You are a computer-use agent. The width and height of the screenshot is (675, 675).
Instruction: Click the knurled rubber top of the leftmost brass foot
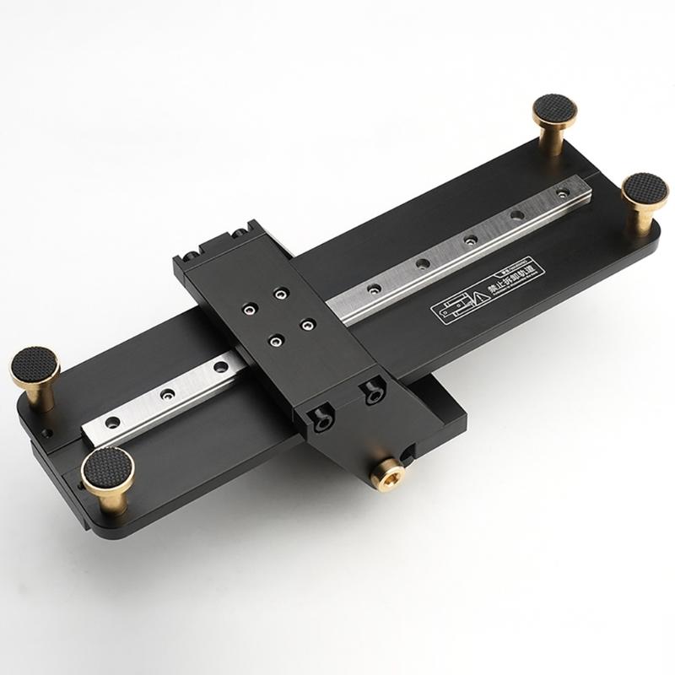(x=35, y=366)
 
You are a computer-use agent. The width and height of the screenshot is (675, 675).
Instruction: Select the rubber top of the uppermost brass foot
(x=554, y=111)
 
